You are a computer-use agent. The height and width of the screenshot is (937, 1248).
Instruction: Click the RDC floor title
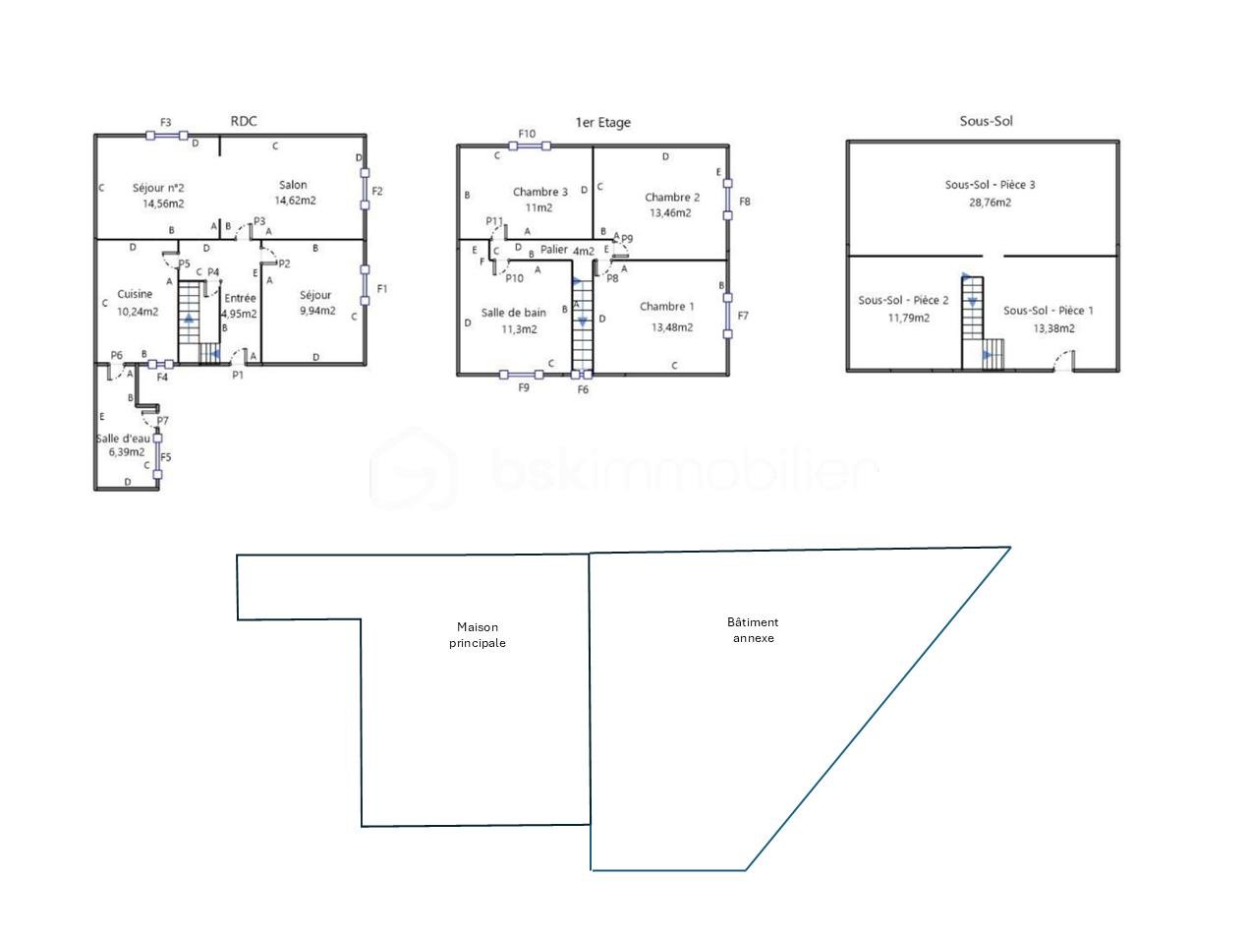(x=244, y=121)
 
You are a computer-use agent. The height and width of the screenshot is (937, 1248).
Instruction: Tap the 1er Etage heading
(x=602, y=122)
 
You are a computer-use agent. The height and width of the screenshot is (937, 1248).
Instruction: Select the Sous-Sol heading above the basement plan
(x=986, y=121)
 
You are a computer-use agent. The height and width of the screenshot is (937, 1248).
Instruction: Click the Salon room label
(x=293, y=185)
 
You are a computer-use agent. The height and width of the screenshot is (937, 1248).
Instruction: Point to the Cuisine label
(x=135, y=294)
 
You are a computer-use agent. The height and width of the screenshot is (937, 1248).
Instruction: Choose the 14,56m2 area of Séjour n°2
(x=163, y=204)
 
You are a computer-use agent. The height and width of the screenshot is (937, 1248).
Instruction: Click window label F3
(x=165, y=122)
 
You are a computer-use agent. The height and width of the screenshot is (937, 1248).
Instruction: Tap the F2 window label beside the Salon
(x=377, y=191)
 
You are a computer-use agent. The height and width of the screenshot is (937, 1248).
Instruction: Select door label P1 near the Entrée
(x=238, y=375)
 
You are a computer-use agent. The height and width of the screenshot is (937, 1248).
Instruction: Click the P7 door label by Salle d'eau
(x=162, y=421)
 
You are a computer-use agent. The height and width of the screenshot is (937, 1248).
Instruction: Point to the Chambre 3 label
(x=540, y=192)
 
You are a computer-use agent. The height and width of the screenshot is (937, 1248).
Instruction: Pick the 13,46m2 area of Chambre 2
(x=670, y=213)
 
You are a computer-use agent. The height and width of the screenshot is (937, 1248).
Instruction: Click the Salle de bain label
(x=513, y=313)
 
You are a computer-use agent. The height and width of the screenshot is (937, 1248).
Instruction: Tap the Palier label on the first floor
(x=554, y=249)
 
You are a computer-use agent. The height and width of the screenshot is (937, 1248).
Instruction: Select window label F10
(x=527, y=134)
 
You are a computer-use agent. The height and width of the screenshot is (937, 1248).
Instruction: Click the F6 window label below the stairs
(x=583, y=389)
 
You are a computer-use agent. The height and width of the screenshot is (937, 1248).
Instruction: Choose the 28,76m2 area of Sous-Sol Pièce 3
(x=990, y=203)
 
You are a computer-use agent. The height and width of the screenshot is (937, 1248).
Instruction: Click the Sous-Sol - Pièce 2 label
(x=903, y=301)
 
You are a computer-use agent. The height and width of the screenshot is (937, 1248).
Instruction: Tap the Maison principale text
(x=478, y=635)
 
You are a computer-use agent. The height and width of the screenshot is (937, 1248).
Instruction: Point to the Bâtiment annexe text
(x=753, y=630)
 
